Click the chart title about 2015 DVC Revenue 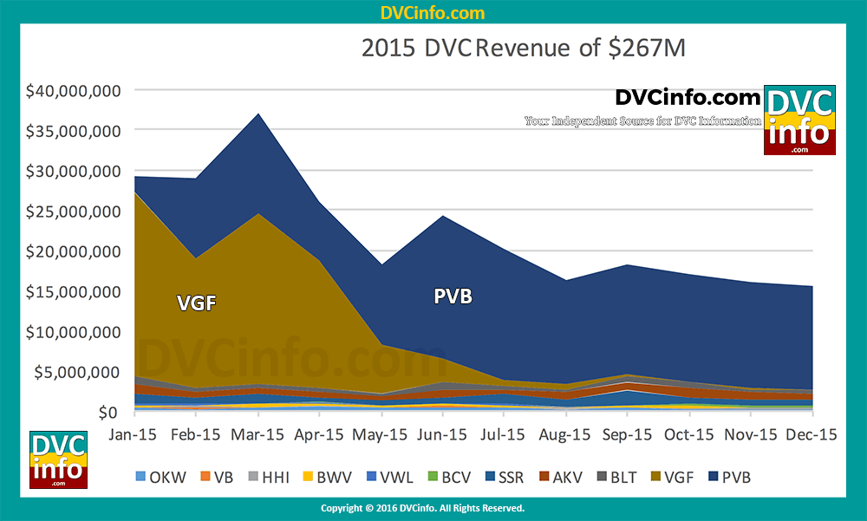[523, 49]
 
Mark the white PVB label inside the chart [453, 296]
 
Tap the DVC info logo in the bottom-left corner [58, 459]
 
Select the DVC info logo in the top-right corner [799, 120]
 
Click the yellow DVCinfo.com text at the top [433, 13]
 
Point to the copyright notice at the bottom [422, 508]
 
